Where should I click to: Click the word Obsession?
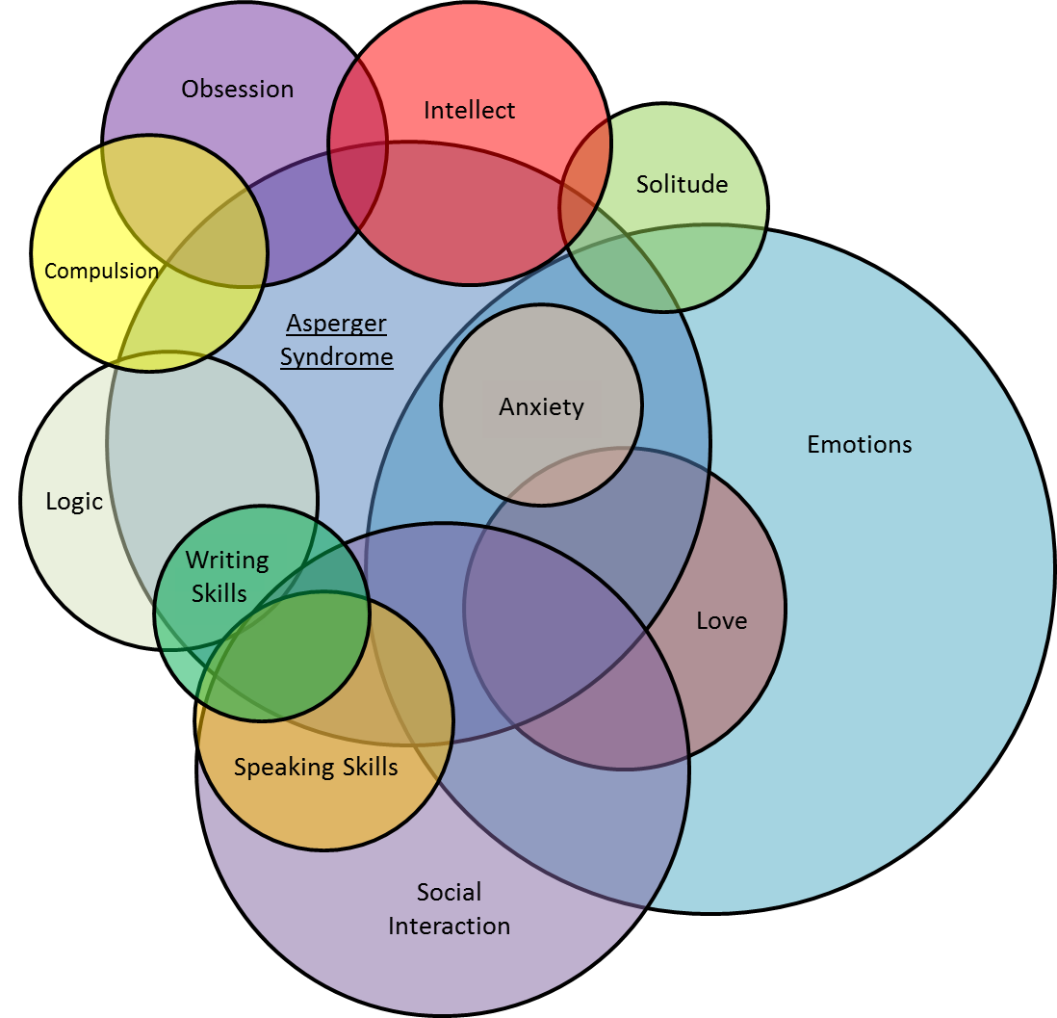[x=237, y=90]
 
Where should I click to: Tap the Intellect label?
[x=469, y=111]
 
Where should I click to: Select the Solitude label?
[x=682, y=184]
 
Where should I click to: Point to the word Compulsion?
[x=101, y=271]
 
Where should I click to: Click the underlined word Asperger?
[x=336, y=323]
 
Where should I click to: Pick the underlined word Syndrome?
[x=336, y=356]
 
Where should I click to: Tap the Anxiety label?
[x=541, y=406]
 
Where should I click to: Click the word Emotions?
[x=859, y=444]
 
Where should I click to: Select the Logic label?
[x=74, y=501]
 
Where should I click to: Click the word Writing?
[x=226, y=560]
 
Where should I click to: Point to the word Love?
[x=721, y=620]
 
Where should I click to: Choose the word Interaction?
[x=449, y=926]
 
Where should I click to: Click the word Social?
[x=449, y=892]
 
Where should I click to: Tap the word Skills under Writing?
[x=219, y=593]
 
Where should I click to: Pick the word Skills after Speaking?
[x=364, y=768]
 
